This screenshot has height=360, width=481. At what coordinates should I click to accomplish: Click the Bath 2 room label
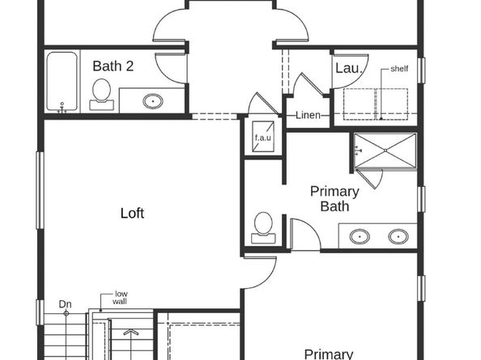(113, 66)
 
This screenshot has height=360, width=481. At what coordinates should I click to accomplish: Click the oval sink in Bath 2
(152, 101)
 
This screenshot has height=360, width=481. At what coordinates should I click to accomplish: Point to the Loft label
(132, 214)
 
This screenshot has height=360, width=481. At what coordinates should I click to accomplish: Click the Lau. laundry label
(347, 68)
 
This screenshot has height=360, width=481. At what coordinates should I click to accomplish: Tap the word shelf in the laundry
(399, 69)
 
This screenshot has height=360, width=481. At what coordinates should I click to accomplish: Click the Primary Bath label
(334, 199)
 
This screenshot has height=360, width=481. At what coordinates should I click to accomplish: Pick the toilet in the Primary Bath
(263, 226)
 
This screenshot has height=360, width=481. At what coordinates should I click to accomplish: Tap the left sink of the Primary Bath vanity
(359, 236)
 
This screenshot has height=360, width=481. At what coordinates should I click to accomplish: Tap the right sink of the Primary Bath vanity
(398, 236)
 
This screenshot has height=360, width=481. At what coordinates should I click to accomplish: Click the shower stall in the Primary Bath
(385, 151)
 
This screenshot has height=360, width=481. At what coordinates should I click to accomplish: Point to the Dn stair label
(65, 304)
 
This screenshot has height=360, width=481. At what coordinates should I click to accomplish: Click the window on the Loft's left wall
(39, 182)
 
